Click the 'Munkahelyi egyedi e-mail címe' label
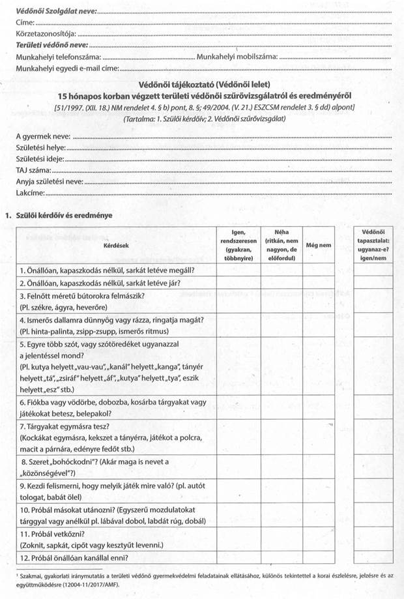coord(68,68)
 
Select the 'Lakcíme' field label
coord(31,194)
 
